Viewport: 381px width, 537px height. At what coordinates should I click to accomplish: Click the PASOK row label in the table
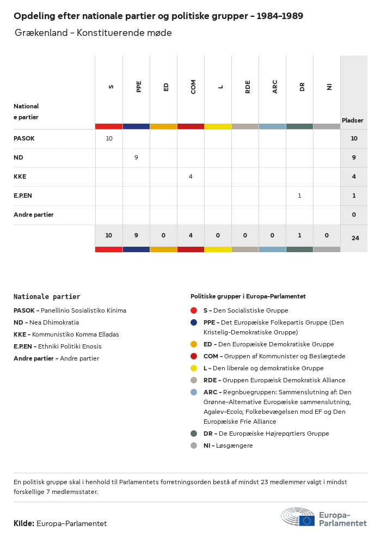[24, 138]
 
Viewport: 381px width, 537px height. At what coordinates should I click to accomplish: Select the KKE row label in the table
[20, 176]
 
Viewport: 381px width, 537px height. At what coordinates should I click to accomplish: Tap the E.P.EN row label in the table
[24, 196]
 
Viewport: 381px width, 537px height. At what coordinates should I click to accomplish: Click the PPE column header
[139, 87]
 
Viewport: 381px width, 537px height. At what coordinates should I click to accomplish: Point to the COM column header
[193, 87]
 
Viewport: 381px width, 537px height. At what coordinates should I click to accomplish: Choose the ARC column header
[275, 87]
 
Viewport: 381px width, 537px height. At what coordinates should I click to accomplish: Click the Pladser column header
[353, 120]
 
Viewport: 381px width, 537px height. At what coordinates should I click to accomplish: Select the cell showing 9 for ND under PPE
[136, 157]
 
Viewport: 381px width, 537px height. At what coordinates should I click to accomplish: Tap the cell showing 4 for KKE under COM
[190, 176]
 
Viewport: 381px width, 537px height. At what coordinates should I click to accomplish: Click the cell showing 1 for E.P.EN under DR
[299, 196]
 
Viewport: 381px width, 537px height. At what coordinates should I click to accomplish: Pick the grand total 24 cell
[354, 238]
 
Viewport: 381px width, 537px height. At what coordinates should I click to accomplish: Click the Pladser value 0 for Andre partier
[354, 215]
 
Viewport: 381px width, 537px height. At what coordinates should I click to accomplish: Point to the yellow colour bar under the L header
[218, 126]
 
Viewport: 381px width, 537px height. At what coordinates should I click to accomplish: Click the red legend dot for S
[194, 310]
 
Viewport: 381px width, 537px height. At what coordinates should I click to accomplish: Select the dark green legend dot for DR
[194, 434]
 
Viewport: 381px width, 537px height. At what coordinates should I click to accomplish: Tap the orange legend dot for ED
[194, 344]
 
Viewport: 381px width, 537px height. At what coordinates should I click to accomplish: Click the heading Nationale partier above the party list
[47, 297]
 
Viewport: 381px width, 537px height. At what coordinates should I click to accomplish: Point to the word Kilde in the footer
[24, 523]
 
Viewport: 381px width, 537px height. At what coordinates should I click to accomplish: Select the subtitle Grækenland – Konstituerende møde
[93, 33]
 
